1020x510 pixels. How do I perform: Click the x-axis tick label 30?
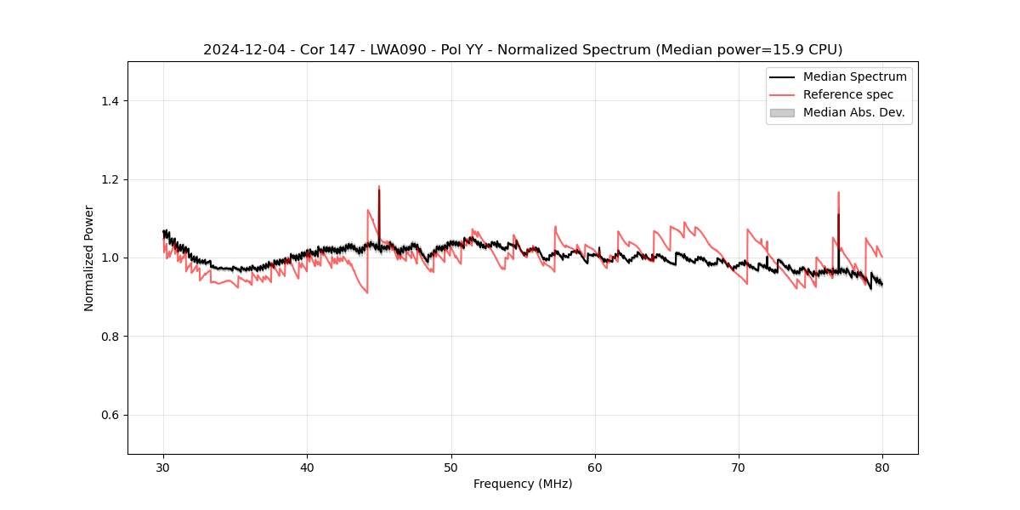point(164,467)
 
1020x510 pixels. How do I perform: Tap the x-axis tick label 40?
point(308,467)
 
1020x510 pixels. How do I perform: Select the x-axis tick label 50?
point(451,467)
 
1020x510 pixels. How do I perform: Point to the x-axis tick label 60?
point(595,467)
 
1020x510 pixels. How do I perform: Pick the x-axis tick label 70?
point(739,467)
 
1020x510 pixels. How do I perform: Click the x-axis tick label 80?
point(882,467)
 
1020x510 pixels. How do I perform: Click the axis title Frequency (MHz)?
point(523,484)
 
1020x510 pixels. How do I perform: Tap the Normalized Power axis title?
point(89,258)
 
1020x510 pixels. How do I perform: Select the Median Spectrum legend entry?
point(854,76)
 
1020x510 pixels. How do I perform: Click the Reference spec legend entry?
point(847,94)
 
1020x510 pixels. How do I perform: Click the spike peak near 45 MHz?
point(379,187)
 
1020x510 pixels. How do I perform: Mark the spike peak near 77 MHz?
point(838,193)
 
